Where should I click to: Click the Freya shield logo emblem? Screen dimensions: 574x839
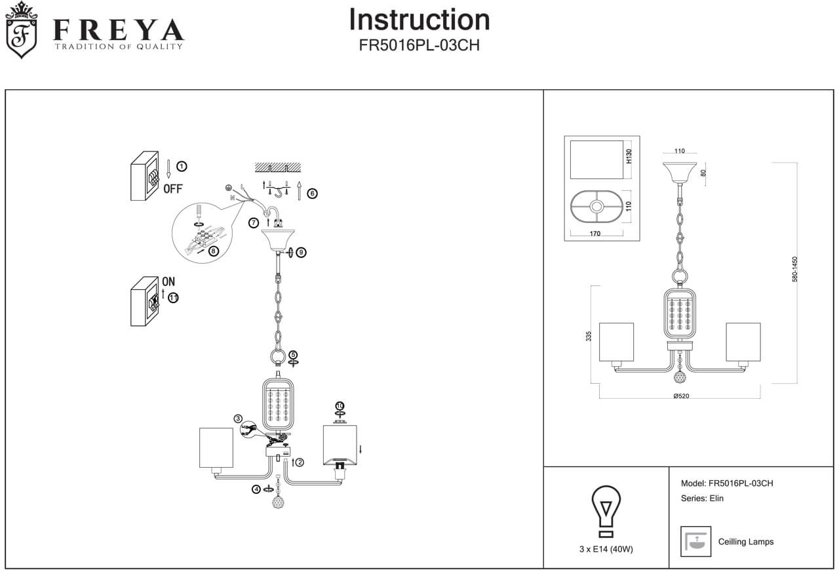[21, 30]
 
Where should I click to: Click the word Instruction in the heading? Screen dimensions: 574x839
[419, 20]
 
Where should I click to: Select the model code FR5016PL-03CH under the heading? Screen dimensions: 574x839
[419, 46]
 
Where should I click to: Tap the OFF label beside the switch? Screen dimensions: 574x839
[173, 189]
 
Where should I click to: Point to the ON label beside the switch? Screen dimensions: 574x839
[168, 281]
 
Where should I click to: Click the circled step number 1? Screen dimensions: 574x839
[182, 167]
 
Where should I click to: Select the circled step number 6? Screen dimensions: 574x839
[312, 194]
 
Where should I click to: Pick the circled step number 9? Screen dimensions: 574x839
[301, 252]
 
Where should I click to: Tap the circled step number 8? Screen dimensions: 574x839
[213, 251]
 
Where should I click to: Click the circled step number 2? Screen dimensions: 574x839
[300, 462]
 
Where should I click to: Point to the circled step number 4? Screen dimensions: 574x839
[256, 489]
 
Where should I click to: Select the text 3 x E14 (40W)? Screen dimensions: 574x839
[606, 550]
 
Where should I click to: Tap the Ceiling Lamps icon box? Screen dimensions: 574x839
[695, 541]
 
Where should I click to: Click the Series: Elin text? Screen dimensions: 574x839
[702, 499]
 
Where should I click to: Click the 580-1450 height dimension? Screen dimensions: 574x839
[795, 269]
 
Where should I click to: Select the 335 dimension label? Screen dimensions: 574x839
[589, 336]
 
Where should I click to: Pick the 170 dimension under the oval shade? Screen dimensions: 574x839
[595, 232]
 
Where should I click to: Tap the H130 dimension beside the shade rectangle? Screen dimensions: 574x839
[629, 156]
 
